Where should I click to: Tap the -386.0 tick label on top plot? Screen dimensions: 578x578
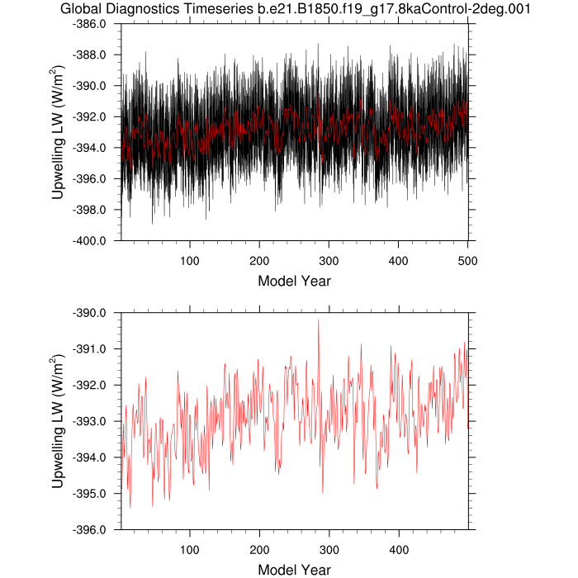[96, 24]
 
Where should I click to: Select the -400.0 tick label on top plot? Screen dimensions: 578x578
[96, 241]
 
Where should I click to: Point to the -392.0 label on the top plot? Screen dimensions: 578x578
[96, 117]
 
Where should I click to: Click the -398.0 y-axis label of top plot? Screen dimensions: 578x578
[96, 210]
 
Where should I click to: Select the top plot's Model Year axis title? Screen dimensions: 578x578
[295, 281]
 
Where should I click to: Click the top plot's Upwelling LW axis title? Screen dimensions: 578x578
[58, 132]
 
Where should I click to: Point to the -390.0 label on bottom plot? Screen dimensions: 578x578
[96, 313]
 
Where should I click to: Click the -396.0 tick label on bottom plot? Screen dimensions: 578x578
[96, 530]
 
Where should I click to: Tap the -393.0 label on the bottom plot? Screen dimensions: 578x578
[96, 421]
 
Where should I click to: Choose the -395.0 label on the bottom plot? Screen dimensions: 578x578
[96, 494]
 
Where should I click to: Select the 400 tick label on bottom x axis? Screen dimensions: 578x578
[399, 548]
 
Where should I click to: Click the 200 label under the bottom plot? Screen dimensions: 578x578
[259, 548]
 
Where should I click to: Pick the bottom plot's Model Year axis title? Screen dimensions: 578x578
[295, 570]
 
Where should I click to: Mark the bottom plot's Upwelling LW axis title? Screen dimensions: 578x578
[58, 421]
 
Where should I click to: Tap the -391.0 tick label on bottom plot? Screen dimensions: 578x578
[96, 349]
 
